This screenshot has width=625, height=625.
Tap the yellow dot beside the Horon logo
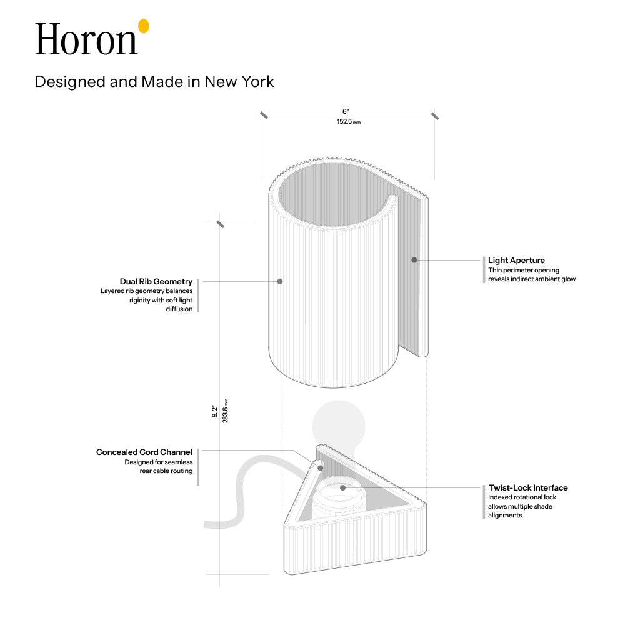(x=144, y=26)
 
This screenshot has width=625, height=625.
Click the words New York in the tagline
(x=239, y=82)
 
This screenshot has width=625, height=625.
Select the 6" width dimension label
(x=346, y=112)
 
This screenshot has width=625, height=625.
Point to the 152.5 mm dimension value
(x=349, y=122)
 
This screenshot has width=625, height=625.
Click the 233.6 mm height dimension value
(x=225, y=411)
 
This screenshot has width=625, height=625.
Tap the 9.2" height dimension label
(x=215, y=412)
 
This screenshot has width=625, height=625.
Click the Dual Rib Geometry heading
(x=156, y=281)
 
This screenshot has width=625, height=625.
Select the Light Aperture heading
(x=517, y=260)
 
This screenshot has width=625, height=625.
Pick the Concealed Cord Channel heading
(x=144, y=452)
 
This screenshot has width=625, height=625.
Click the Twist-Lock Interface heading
(x=529, y=487)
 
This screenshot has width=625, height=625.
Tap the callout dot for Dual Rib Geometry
(x=280, y=281)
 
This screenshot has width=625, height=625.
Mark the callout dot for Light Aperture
(x=414, y=260)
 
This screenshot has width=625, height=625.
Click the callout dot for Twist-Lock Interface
(x=342, y=488)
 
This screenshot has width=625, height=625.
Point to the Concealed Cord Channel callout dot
(x=321, y=468)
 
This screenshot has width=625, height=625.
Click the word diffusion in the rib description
(x=179, y=309)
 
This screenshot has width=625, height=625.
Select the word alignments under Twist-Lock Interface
(x=505, y=516)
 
